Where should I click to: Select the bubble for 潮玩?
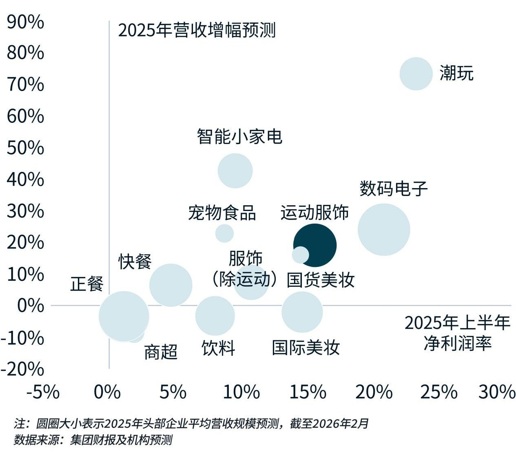416,74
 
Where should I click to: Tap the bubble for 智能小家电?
235,171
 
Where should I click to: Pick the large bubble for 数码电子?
383,229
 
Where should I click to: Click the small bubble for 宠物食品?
224,233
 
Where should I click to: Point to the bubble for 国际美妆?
302,312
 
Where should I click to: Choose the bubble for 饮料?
215,315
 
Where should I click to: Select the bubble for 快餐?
171,285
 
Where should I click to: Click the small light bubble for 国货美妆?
300,255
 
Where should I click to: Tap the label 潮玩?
456,73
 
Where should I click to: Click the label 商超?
161,352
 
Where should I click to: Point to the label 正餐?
87,284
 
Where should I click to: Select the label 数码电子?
393,189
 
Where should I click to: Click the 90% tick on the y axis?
25,22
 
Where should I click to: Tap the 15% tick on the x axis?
308,392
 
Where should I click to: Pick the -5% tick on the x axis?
43,392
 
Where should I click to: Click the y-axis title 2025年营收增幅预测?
197,31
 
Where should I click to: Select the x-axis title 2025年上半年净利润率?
457,333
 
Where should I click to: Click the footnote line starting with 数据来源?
93,440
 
